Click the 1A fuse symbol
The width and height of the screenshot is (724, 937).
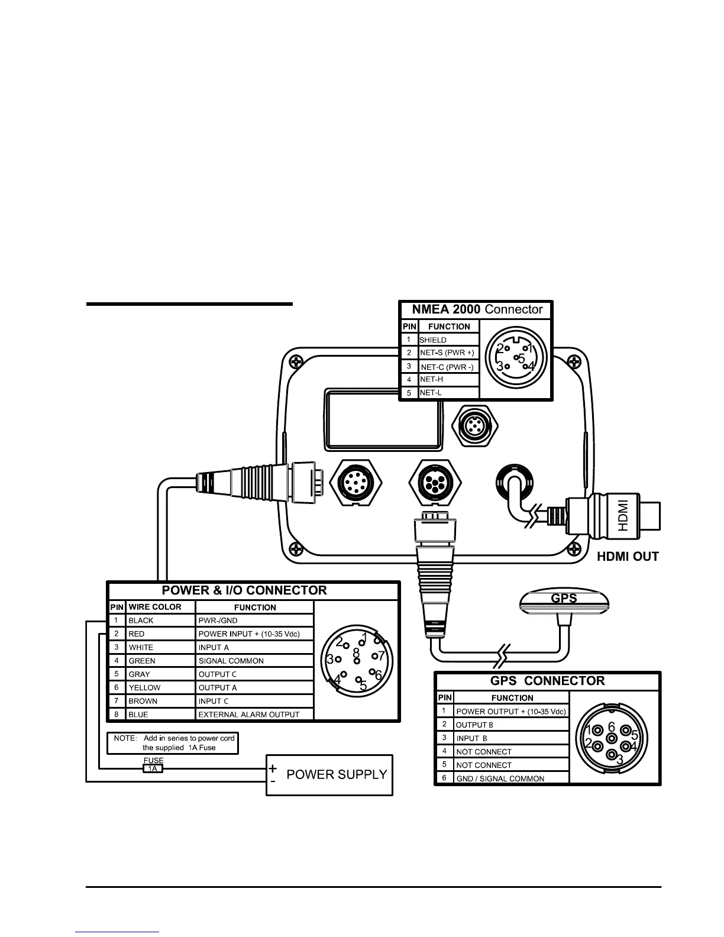point(153,769)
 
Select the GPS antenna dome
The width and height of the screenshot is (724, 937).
point(564,601)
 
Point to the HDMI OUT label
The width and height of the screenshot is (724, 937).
point(627,557)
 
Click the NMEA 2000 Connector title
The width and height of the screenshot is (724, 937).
point(477,309)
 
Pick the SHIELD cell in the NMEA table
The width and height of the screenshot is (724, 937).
point(448,340)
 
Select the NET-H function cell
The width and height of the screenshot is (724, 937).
point(448,380)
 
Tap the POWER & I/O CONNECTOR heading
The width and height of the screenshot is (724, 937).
point(244,590)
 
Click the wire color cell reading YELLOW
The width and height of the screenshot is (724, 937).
point(160,687)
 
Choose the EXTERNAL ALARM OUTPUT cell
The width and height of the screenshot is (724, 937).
point(254,714)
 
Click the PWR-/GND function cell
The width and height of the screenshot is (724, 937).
point(254,621)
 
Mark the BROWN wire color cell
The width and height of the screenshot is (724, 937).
point(160,701)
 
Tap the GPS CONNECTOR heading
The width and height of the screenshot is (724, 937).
point(548,681)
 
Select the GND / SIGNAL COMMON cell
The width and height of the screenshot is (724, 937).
point(510,778)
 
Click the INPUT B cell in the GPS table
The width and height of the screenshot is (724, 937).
point(510,738)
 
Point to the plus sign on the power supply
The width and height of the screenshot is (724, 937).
point(273,768)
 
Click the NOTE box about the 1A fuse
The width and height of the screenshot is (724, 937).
point(173,743)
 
